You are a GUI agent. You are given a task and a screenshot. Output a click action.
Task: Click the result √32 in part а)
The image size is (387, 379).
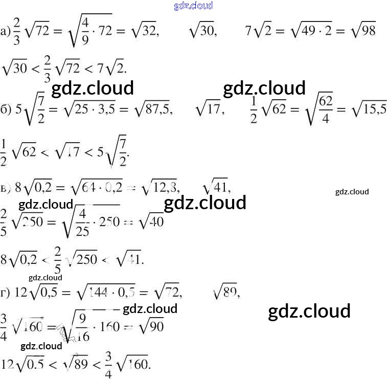point(144,32)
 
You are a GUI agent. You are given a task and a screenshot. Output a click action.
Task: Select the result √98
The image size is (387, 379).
point(363,32)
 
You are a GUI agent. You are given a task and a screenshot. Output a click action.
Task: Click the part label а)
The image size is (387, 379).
point(6,32)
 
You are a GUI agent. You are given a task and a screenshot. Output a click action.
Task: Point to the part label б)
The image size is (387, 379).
point(6,109)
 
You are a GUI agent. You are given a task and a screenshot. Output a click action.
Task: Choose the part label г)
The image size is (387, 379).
point(6,294)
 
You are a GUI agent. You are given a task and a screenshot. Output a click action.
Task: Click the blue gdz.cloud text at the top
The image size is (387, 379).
point(193,6)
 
